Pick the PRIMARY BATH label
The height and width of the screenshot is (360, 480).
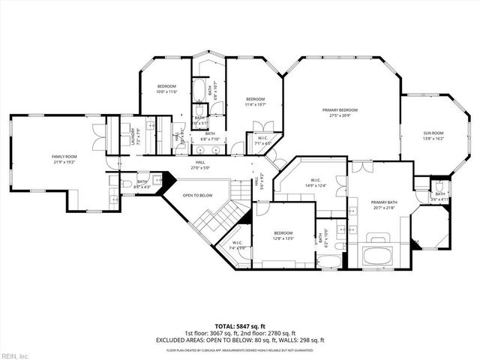coord(383,205)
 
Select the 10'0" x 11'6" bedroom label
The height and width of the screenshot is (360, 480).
coord(166,89)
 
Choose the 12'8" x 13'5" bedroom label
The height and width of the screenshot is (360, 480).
coord(283,235)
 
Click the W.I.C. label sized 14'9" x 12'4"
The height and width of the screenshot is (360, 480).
coord(316,182)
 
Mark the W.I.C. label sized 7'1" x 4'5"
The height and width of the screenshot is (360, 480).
coord(263,140)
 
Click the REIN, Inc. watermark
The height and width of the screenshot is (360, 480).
coord(15,355)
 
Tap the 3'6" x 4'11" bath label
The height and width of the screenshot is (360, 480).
coord(439,196)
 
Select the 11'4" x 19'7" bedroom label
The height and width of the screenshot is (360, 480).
coord(256,102)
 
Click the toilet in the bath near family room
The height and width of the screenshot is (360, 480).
coord(127,182)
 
